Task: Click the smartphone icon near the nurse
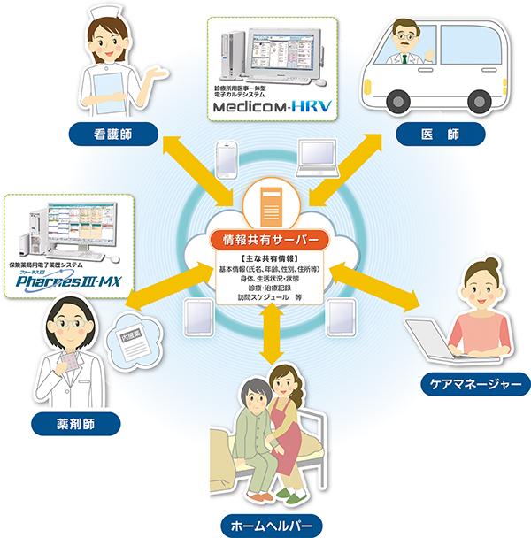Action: click(227, 160)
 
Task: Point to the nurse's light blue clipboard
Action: click(111, 89)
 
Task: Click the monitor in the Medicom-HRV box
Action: click(285, 54)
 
